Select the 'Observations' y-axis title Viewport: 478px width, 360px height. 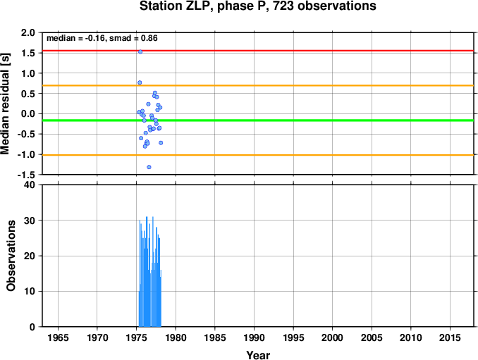click(11, 256)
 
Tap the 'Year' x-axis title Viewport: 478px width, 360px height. click(257, 355)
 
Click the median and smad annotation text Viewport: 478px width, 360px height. click(102, 38)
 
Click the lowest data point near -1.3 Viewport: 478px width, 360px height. click(149, 167)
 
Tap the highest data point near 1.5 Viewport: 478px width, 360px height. click(140, 51)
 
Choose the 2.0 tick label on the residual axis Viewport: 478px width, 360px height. click(28, 33)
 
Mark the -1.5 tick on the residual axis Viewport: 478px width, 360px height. click(26, 175)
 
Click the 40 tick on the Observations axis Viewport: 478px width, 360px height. click(30, 185)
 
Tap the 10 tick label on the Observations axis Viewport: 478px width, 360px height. click(30, 291)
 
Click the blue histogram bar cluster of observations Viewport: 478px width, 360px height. click(149, 282)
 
